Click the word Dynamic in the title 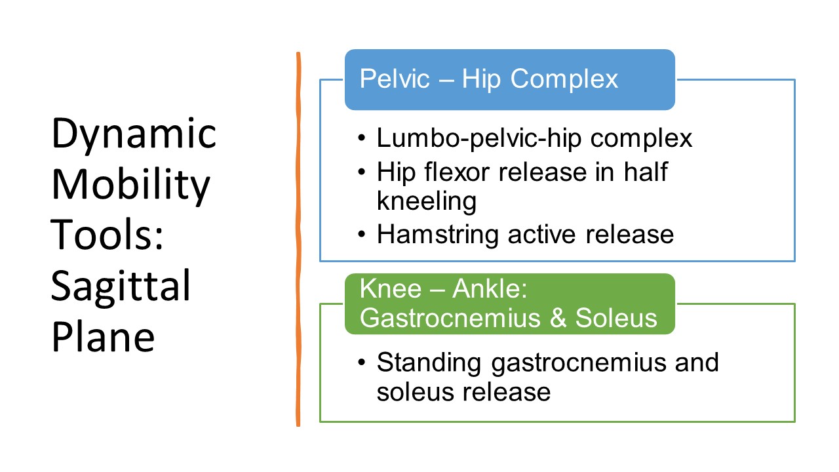[134, 134]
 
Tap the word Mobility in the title [130, 185]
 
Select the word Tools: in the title [107, 234]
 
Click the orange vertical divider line [298, 239]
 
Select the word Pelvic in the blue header [395, 79]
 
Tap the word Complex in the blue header [564, 80]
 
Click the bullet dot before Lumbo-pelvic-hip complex [361, 138]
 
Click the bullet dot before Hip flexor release [361, 172]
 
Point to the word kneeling [427, 202]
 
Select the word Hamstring [438, 235]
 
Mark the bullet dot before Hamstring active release [361, 234]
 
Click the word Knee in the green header [391, 289]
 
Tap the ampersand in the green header [558, 318]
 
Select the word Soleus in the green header [616, 318]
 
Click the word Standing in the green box [429, 364]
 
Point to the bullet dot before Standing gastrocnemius [361, 363]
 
